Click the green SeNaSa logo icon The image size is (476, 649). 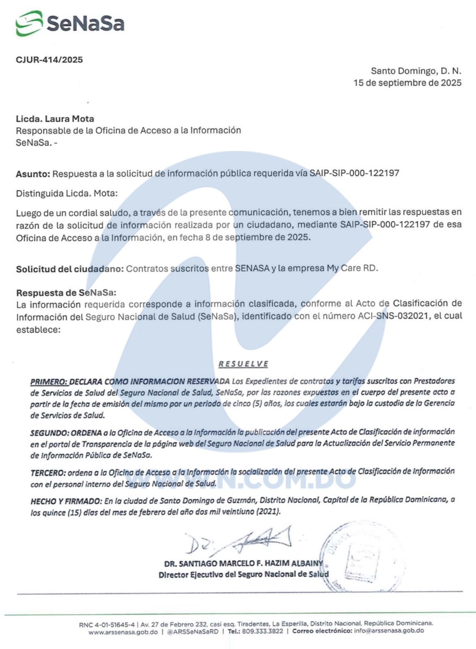(x=29, y=23)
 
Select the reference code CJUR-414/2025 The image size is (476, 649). (x=49, y=60)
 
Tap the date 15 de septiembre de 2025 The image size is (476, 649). (x=407, y=83)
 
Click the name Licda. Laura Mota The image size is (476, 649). (x=55, y=119)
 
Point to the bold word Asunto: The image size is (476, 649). (x=33, y=174)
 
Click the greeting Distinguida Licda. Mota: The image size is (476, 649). (x=66, y=193)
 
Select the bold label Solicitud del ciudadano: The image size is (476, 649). (x=70, y=269)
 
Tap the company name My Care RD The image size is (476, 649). (x=352, y=268)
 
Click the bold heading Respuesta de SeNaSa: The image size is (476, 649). (x=66, y=292)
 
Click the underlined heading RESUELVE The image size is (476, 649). (x=243, y=364)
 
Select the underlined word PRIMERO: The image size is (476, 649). (x=49, y=382)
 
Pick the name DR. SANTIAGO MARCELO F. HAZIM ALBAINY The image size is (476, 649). (x=243, y=563)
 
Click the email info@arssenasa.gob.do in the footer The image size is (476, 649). (x=388, y=631)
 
